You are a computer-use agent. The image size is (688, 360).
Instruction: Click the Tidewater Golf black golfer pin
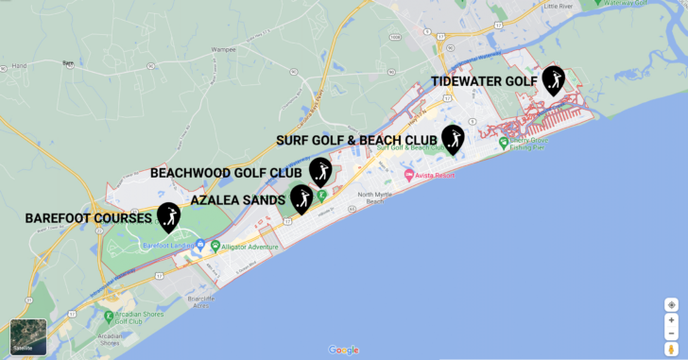click(x=553, y=80)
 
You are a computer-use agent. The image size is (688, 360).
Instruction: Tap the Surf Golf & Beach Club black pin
click(x=454, y=138)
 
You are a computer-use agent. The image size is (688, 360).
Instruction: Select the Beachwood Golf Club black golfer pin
click(x=320, y=171)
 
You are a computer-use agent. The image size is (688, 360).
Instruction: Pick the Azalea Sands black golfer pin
click(x=301, y=198)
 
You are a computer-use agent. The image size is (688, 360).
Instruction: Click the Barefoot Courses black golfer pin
click(x=169, y=216)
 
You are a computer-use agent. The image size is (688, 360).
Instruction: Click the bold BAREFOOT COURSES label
click(x=88, y=218)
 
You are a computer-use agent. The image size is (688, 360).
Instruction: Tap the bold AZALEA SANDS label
click(x=237, y=200)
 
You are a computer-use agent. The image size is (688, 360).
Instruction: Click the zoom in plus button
click(x=671, y=320)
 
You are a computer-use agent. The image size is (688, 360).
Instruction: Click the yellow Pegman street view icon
click(x=671, y=349)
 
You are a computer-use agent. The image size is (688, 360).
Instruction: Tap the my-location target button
click(x=671, y=304)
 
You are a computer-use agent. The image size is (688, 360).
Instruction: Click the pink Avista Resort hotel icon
click(x=408, y=176)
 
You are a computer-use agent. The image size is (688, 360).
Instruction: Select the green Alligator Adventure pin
click(x=215, y=247)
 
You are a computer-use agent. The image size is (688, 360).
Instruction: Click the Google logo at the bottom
click(x=343, y=351)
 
